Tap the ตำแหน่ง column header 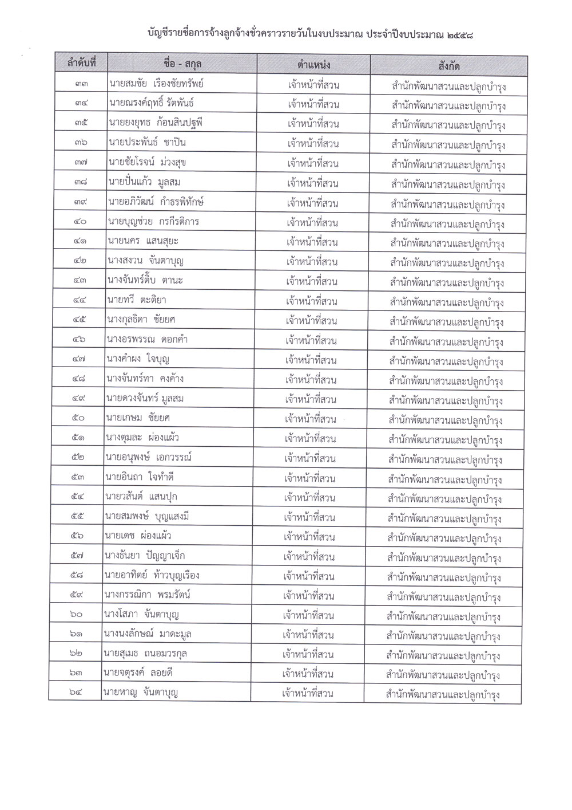314,64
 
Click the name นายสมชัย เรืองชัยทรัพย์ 156,84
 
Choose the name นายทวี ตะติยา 136,300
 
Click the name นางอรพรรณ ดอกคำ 147,339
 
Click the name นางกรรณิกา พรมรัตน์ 148,595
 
